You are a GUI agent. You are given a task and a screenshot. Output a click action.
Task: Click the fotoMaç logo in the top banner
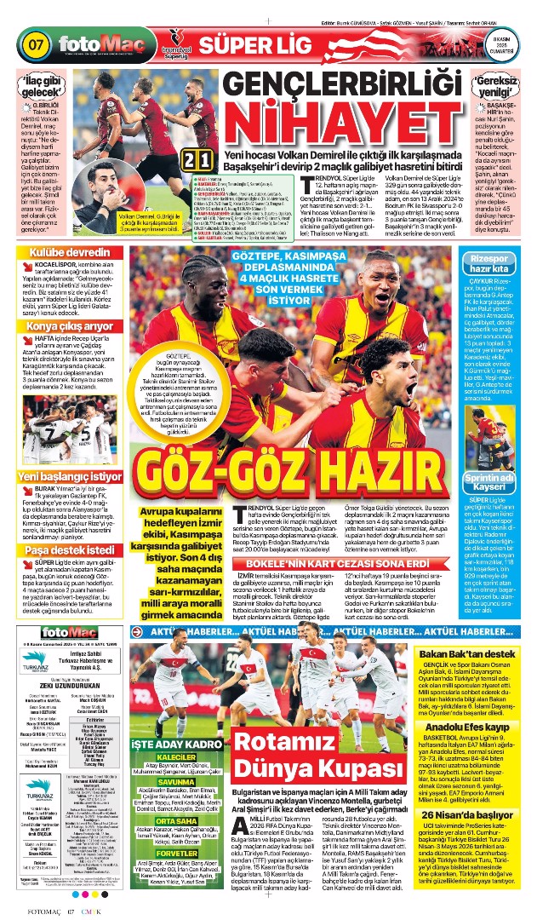[x=95, y=43]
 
